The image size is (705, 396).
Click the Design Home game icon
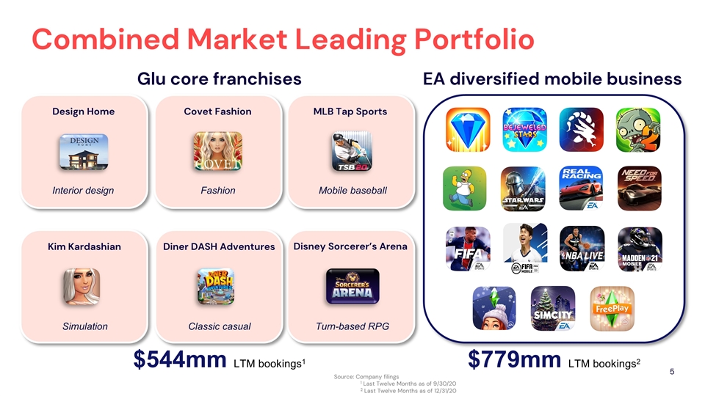click(x=84, y=152)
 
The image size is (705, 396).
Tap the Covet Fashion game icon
click(x=218, y=152)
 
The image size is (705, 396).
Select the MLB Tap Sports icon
click(x=352, y=152)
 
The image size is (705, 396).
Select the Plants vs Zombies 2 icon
click(x=636, y=130)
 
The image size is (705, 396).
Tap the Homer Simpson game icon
click(x=466, y=188)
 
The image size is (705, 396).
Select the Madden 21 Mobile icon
click(x=639, y=249)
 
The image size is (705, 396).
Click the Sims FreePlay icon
click(x=611, y=309)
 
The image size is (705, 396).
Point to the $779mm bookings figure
click(x=514, y=361)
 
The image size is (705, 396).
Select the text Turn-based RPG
click(x=352, y=326)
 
